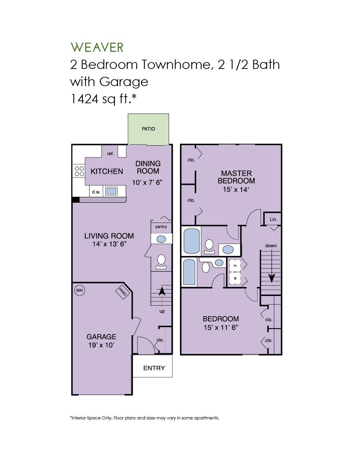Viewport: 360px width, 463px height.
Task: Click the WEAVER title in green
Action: coord(97,47)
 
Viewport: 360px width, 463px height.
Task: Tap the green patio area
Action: coord(148,129)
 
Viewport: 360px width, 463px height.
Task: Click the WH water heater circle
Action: coord(79,290)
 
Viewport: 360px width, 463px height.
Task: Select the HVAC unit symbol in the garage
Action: coord(122,292)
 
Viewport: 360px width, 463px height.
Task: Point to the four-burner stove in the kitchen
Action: coord(79,171)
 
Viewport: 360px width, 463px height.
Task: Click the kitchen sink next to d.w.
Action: coord(111,191)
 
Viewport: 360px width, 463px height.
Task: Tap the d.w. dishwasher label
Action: coord(96,192)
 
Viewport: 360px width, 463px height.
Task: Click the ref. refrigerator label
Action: coord(110,154)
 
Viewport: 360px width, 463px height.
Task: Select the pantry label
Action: coord(161,227)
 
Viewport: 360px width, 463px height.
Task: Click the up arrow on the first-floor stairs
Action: coord(161,291)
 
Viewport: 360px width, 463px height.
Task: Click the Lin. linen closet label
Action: coord(273,219)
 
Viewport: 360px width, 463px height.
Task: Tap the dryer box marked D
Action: coord(235,265)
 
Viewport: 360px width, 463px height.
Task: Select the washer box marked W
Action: coord(235,278)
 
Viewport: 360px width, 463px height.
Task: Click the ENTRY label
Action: coord(154,368)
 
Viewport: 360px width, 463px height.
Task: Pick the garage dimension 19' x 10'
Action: coord(101,345)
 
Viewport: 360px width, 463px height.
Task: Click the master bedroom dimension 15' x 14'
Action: coord(236,189)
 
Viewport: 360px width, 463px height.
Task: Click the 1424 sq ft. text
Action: coord(103,99)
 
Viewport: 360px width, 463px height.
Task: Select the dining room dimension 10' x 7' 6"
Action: coord(147,182)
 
